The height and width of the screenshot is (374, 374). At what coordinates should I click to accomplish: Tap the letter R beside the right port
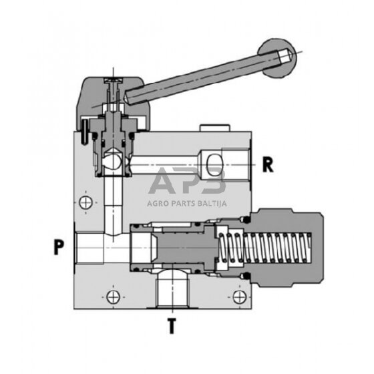268,164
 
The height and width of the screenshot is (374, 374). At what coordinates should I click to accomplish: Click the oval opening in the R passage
215,163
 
